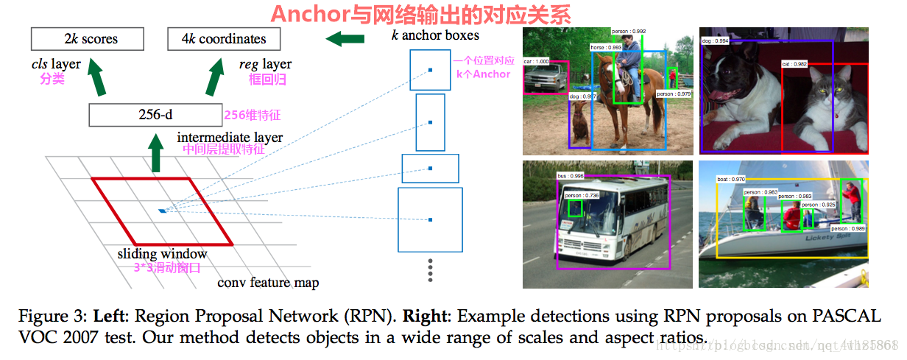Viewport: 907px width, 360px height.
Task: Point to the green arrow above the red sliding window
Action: [155, 157]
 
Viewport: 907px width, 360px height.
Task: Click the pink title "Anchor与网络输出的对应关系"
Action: [420, 14]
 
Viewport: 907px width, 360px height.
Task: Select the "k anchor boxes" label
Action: [435, 35]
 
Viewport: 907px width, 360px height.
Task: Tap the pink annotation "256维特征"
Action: [253, 115]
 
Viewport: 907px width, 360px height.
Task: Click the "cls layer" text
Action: [56, 65]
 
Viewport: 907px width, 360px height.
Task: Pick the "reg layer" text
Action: [265, 65]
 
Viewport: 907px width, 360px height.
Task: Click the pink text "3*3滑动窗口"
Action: [167, 268]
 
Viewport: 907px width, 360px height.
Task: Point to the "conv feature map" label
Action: [268, 283]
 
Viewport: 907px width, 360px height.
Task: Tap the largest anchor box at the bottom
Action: [430, 219]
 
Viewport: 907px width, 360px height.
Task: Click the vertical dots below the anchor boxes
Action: [430, 269]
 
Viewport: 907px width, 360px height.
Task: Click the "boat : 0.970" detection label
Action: [730, 179]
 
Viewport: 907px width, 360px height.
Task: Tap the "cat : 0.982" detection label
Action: [795, 64]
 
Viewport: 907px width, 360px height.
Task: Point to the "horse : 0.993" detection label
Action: [606, 46]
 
